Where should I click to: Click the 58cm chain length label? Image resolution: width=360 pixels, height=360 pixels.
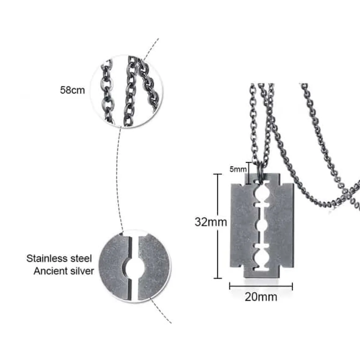(72, 90)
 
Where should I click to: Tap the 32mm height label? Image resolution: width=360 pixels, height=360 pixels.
(211, 222)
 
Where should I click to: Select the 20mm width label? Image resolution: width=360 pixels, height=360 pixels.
(261, 297)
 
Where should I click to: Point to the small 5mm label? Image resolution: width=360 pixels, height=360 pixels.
(238, 169)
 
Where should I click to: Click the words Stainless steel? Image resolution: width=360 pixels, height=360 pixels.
(59, 259)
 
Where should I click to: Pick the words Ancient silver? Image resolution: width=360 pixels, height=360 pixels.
(64, 271)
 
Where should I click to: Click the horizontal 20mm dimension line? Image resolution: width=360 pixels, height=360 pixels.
(261, 286)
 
